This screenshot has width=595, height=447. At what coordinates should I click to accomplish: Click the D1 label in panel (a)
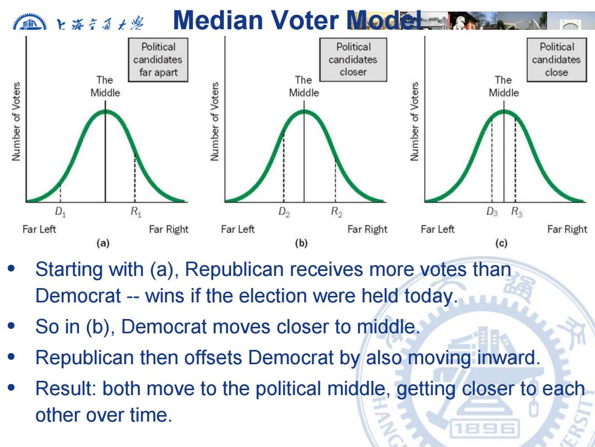click(61, 212)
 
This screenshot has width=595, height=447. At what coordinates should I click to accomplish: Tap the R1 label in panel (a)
click(136, 212)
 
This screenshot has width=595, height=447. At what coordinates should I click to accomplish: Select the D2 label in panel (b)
click(284, 212)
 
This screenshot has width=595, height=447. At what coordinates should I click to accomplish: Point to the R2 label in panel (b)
click(337, 212)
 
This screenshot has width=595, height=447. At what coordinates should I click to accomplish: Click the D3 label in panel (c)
click(492, 212)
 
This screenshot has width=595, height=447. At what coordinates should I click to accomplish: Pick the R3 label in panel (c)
click(517, 212)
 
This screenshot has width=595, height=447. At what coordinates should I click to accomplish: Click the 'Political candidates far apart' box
click(158, 60)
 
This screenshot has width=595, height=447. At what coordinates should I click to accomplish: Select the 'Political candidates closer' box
click(353, 60)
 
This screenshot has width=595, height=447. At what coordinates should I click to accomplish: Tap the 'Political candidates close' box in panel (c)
click(556, 60)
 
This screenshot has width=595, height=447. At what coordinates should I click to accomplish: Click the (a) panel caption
click(103, 243)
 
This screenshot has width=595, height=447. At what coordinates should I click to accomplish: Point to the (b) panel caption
click(301, 243)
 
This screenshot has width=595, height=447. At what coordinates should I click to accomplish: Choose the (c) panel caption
click(501, 243)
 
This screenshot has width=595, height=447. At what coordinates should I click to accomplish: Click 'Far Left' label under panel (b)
click(238, 229)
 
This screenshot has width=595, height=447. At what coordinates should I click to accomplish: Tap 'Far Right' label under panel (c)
click(567, 229)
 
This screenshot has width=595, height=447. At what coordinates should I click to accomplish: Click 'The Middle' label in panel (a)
click(105, 86)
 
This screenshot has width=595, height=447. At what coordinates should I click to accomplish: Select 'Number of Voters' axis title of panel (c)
click(414, 121)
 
